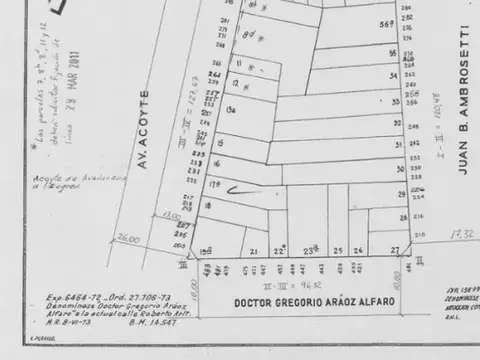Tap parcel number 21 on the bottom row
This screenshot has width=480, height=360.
pos(254,251)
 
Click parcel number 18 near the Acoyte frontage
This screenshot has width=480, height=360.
pos(207,204)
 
